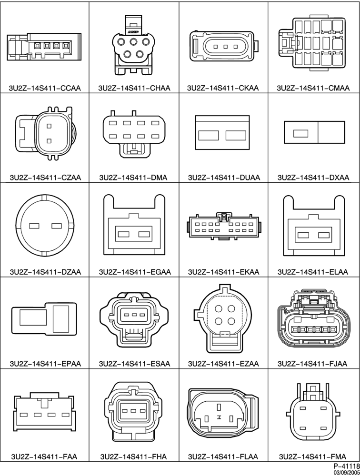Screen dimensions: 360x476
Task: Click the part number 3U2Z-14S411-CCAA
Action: pos(45,88)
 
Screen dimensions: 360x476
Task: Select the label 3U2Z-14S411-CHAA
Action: pos(134,88)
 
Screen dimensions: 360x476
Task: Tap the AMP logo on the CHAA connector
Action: pos(133,31)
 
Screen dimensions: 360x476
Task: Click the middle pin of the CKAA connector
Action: pos(225,47)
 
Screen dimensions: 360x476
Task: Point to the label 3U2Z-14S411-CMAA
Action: pos(313,88)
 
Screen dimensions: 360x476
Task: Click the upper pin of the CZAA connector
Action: pos(49,126)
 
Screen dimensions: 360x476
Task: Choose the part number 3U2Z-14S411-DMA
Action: pos(133,177)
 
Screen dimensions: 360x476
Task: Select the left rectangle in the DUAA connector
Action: pos(209,135)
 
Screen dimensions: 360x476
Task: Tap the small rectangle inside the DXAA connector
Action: pos(300,133)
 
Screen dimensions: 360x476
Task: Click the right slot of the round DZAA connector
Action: pos(57,226)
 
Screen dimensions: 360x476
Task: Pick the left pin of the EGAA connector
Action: pos(124,234)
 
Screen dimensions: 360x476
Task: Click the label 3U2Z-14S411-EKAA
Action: pos(224,272)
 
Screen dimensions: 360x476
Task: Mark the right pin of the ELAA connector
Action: pos(323,235)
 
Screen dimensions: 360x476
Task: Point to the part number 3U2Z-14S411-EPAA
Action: pos(45,363)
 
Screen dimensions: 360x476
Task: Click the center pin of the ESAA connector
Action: pos(134,316)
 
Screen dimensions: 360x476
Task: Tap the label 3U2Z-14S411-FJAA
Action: pos(312,363)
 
